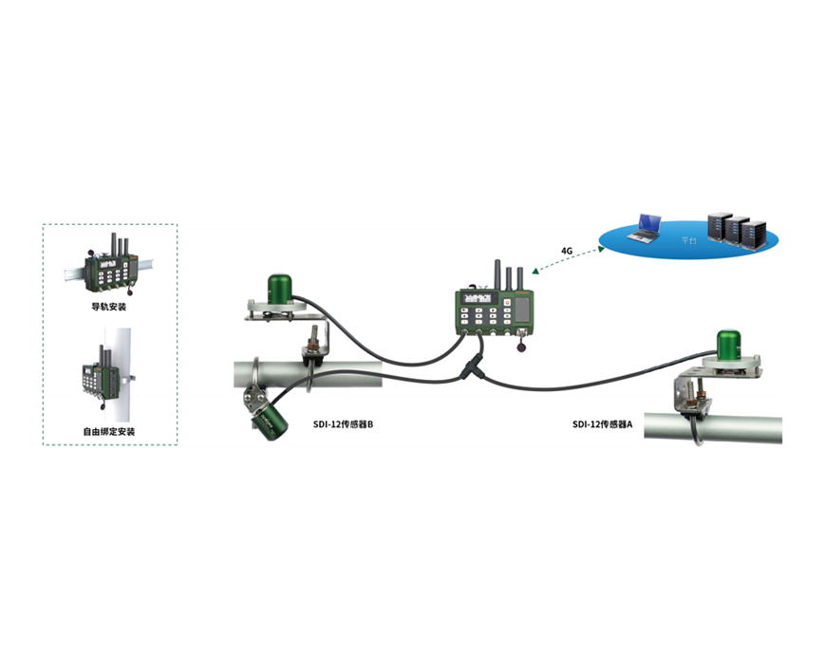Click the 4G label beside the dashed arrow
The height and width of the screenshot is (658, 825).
click(567, 252)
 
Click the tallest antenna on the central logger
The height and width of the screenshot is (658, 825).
click(495, 274)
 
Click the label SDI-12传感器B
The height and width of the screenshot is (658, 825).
click(343, 424)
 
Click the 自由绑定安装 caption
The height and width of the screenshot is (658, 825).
click(109, 432)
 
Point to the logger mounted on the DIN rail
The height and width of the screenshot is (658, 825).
click(111, 271)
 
